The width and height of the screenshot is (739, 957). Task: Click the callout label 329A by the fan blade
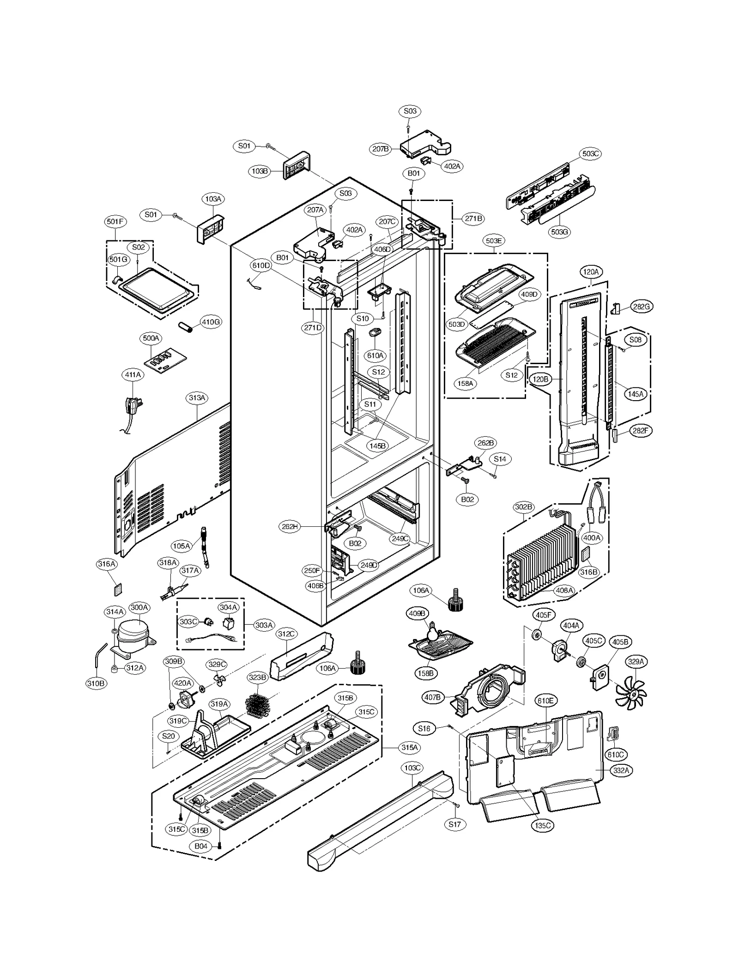tap(636, 662)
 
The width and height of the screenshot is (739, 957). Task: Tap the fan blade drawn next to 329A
tap(631, 693)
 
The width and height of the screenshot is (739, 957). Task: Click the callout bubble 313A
tap(197, 397)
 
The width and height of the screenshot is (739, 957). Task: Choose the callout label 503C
tap(591, 153)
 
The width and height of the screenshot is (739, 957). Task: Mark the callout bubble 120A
tap(591, 272)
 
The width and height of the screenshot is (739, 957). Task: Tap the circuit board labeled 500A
tap(168, 362)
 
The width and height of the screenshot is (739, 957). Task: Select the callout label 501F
tap(115, 221)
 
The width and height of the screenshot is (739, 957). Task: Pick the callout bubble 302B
tap(524, 507)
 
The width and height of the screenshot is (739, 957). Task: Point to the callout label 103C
tap(412, 768)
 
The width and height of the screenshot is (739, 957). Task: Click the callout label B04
tap(201, 846)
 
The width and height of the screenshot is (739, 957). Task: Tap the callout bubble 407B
tap(432, 697)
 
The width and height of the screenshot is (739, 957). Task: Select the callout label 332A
tap(621, 770)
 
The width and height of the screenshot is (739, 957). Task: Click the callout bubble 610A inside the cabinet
tap(375, 355)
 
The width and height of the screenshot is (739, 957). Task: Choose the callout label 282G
tap(642, 306)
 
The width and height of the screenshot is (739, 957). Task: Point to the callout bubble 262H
tap(290, 526)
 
